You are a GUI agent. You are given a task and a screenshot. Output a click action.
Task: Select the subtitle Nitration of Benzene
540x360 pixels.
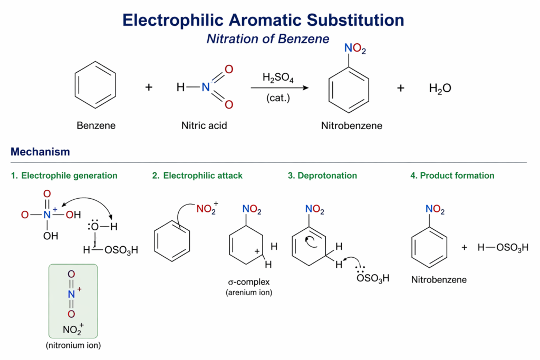(x=267, y=39)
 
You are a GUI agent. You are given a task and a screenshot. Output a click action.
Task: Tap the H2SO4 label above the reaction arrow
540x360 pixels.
(x=278, y=78)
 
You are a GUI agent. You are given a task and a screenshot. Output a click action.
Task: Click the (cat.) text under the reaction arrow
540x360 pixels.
(x=278, y=98)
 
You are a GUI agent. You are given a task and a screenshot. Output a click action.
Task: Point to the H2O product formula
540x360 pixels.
(x=440, y=89)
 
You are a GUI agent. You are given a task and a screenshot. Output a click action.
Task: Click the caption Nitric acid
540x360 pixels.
(x=204, y=125)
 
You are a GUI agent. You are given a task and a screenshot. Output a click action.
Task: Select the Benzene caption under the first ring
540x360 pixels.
(x=96, y=125)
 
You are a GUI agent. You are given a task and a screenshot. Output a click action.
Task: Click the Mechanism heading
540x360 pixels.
(x=40, y=152)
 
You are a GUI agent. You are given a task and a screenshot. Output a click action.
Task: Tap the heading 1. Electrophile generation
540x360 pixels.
(x=64, y=176)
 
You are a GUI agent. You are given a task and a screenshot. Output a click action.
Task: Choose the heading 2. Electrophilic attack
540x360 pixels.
(x=197, y=176)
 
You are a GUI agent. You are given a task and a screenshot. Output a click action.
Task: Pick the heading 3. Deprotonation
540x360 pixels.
(x=322, y=176)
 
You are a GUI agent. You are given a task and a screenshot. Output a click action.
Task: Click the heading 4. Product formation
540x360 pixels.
(x=452, y=176)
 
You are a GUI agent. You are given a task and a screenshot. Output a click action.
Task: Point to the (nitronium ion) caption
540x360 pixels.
(x=73, y=345)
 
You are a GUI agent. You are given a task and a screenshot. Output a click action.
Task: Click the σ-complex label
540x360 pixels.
(x=249, y=282)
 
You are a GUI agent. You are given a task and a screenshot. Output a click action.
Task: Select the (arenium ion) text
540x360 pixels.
(x=249, y=293)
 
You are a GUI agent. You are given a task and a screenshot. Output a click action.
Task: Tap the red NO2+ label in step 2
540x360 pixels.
(x=207, y=209)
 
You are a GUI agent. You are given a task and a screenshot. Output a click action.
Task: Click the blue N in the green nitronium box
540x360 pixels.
(x=71, y=294)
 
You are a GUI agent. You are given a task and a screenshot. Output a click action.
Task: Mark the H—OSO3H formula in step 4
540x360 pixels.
(x=503, y=247)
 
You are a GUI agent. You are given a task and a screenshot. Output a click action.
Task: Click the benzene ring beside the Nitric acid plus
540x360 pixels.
(x=95, y=85)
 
